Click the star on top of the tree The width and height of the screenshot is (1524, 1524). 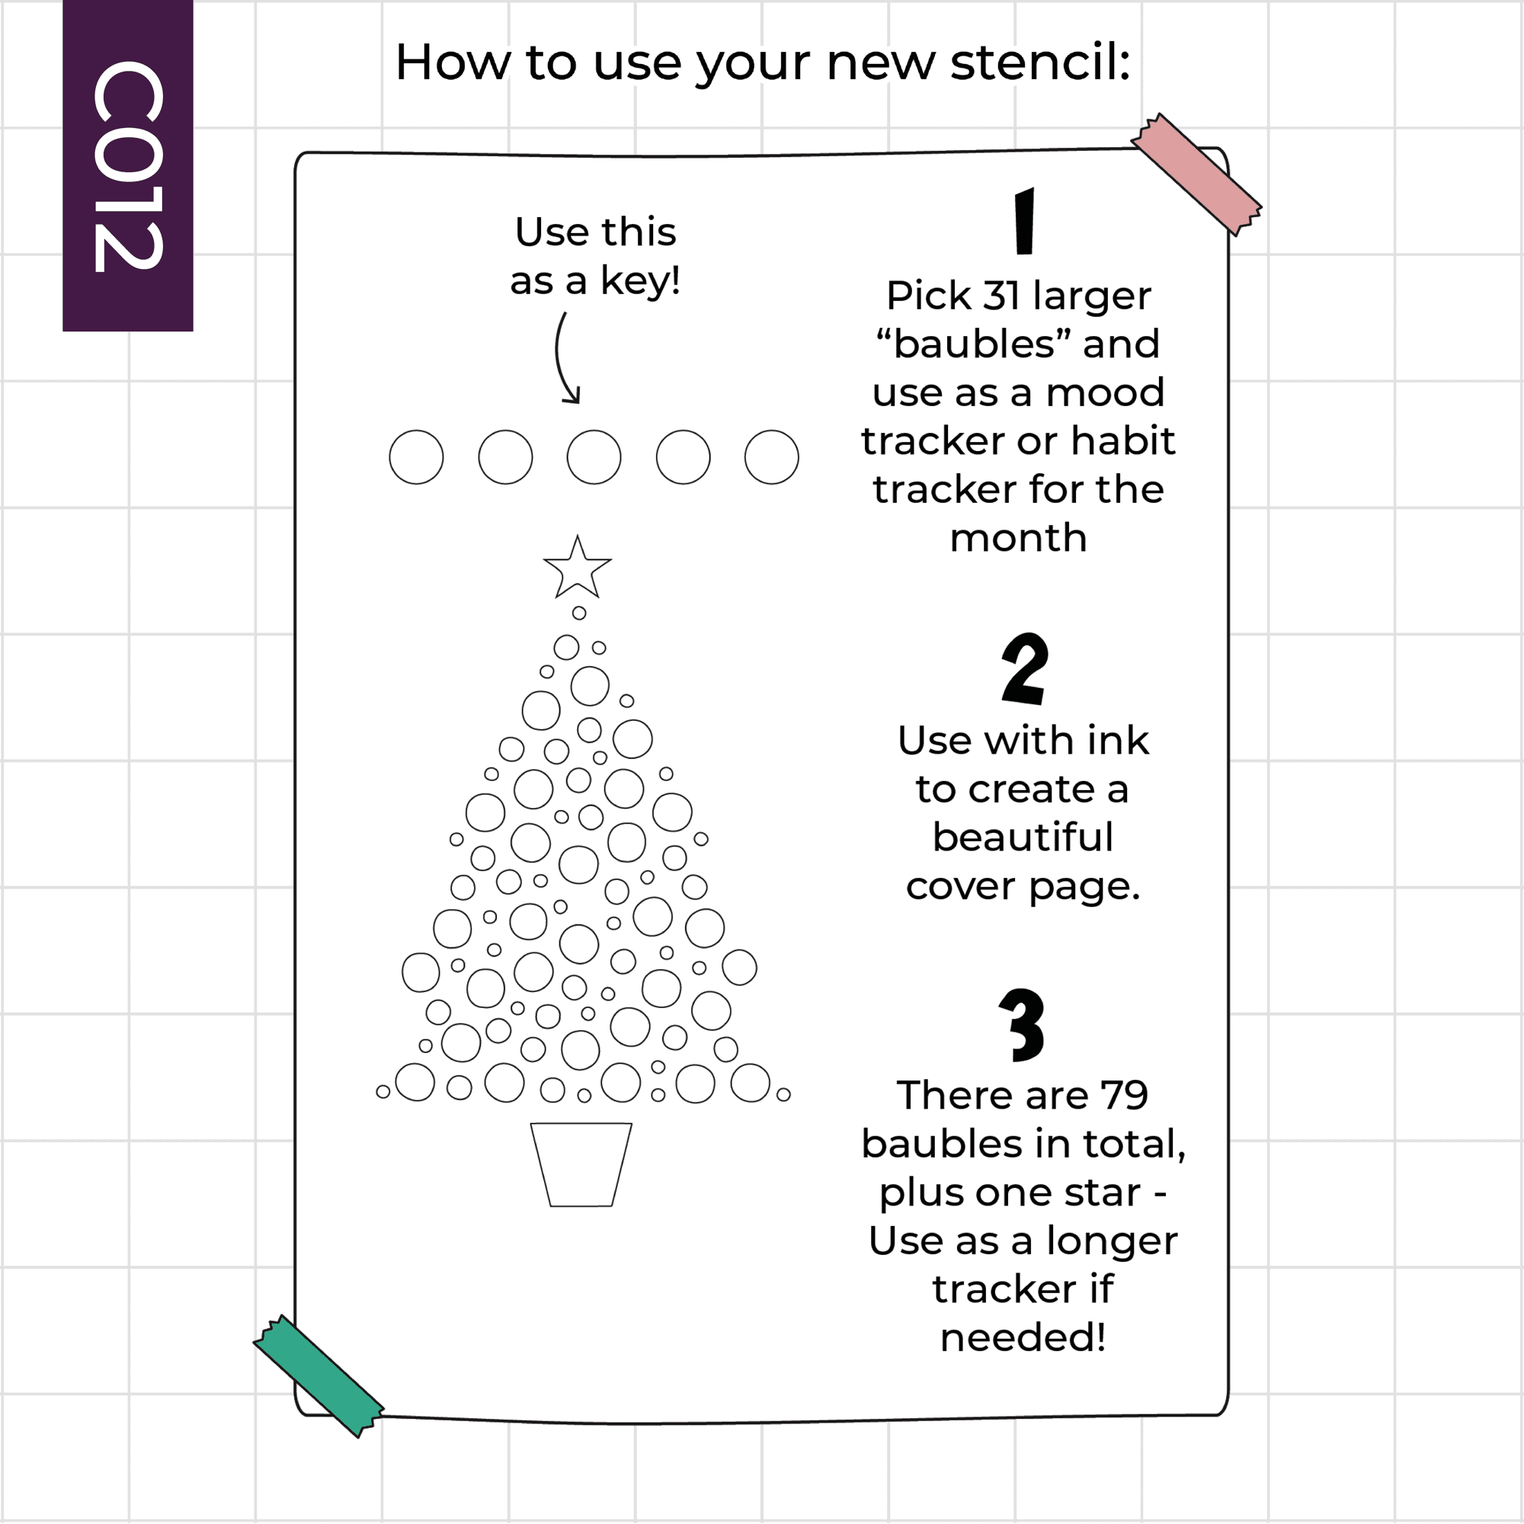coord(577,568)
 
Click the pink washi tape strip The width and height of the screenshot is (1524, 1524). coord(1196,174)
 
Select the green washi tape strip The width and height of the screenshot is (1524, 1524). coord(319,1376)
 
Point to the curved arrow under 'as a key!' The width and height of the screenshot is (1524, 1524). coord(559,359)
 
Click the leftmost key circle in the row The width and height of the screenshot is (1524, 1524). coord(417,456)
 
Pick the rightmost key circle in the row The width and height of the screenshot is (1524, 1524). coord(771,456)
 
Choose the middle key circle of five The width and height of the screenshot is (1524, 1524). coord(594,456)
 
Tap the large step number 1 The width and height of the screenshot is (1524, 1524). coord(1024,222)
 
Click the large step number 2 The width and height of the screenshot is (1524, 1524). coord(1025,669)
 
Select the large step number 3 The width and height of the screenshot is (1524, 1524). coord(1023,1025)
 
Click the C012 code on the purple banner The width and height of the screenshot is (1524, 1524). coord(128,166)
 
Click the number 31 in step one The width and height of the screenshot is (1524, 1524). coord(1001,296)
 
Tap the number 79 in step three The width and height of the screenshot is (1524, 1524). coord(1123,1096)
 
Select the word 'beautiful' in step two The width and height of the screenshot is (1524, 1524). coord(1023,837)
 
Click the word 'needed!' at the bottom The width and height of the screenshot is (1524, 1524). coord(1023,1337)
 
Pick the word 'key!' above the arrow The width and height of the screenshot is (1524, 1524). coord(641,283)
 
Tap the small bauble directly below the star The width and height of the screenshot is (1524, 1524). coord(579,613)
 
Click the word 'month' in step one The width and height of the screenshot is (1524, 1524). coord(1018,538)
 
